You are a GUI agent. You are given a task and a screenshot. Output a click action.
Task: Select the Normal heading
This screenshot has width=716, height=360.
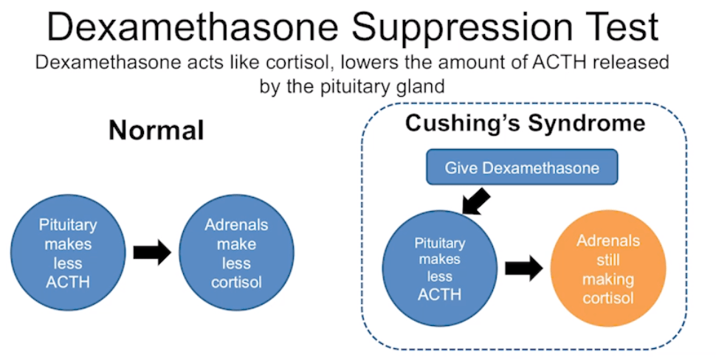(156, 131)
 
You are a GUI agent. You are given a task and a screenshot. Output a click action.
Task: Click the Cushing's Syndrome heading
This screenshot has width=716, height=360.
(525, 122)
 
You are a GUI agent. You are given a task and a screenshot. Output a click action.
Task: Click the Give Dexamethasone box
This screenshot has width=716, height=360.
(521, 167)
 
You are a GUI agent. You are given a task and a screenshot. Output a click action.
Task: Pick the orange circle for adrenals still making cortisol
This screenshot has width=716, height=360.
(608, 269)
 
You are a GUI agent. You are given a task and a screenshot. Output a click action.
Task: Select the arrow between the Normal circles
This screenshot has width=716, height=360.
(151, 252)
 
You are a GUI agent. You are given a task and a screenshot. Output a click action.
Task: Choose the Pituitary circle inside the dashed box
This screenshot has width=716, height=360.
(440, 269)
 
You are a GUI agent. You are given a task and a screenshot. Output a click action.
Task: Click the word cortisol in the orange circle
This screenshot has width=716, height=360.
(608, 297)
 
